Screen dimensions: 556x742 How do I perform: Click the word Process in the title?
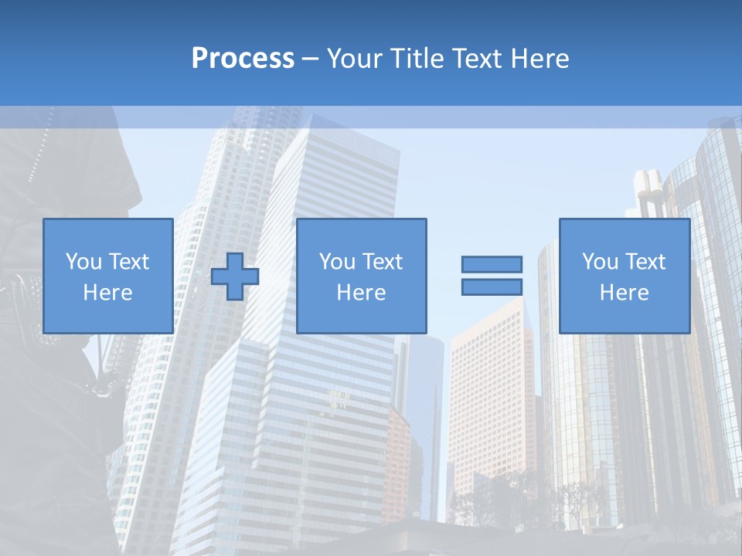point(243,59)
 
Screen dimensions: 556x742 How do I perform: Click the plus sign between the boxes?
point(235,276)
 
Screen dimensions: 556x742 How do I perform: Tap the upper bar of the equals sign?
point(492,264)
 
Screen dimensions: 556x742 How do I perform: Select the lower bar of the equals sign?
point(492,286)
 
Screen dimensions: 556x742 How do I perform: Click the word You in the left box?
point(83,262)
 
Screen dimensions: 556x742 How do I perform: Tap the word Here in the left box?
point(107,293)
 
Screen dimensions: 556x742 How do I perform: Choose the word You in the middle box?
point(337,262)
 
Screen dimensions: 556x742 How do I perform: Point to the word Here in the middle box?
point(361,293)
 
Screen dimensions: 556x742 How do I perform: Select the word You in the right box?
point(600,262)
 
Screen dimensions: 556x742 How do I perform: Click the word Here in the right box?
point(624,293)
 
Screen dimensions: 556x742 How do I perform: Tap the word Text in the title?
point(472,59)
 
